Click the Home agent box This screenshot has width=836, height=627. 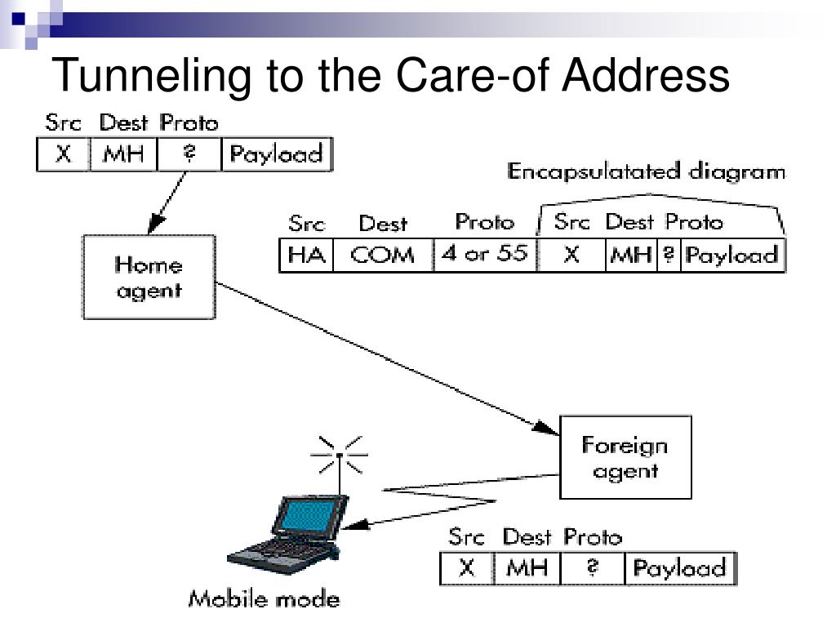pyautogui.click(x=149, y=278)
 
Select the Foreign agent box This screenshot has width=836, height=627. pyautogui.click(x=625, y=457)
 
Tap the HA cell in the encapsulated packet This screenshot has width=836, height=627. pyautogui.click(x=307, y=256)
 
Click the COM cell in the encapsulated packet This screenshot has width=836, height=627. pyautogui.click(x=383, y=256)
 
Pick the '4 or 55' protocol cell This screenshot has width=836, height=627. pyautogui.click(x=485, y=255)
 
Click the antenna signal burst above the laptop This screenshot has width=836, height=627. pyautogui.click(x=340, y=455)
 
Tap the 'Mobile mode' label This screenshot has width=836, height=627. pyautogui.click(x=264, y=599)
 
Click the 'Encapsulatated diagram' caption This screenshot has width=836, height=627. pyautogui.click(x=647, y=171)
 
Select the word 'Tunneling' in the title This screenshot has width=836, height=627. pyautogui.click(x=151, y=76)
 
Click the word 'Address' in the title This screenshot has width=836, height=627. pyautogui.click(x=646, y=75)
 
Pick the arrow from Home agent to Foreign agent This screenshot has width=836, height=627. pyautogui.click(x=388, y=359)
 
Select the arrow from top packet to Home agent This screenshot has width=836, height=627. pyautogui.click(x=167, y=202)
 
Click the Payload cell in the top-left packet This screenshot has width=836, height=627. pyautogui.click(x=276, y=154)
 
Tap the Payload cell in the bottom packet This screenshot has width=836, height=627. pyautogui.click(x=680, y=568)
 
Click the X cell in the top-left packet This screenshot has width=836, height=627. pyautogui.click(x=64, y=154)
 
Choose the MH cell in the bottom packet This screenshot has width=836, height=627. pyautogui.click(x=527, y=568)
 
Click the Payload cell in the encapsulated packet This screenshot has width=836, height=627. pyautogui.click(x=732, y=256)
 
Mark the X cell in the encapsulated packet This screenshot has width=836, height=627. pyautogui.click(x=571, y=256)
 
